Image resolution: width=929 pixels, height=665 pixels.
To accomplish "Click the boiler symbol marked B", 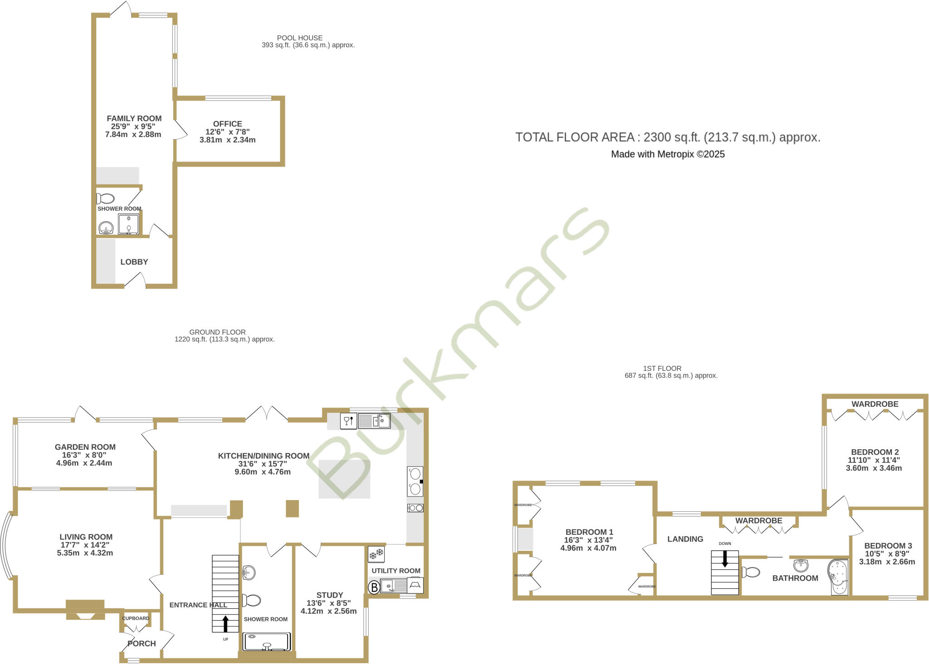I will click(374, 587).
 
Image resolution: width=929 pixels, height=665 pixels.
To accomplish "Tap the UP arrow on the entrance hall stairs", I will click(225, 624).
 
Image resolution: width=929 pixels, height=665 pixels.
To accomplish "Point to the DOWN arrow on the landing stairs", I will click(725, 558).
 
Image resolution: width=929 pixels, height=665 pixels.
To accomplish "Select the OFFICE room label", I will click(227, 124).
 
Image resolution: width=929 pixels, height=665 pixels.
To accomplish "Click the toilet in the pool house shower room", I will click(106, 199).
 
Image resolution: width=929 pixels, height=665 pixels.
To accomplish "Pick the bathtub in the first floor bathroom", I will click(838, 577).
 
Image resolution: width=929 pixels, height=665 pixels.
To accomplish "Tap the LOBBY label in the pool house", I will click(134, 262).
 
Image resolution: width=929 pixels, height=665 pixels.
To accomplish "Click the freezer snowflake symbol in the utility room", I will click(376, 554).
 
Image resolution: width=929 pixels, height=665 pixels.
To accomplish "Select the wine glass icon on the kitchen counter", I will click(348, 421).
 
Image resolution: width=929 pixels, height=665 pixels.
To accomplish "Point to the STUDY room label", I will click(329, 595).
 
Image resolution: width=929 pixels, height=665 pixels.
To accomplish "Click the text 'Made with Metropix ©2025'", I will click(668, 154).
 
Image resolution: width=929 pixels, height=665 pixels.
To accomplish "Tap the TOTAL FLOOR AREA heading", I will click(668, 137).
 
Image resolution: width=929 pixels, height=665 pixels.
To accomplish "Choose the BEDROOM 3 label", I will click(888, 546).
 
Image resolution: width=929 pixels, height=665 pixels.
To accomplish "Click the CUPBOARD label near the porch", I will click(136, 618).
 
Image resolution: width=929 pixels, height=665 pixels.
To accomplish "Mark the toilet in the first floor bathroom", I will click(751, 572).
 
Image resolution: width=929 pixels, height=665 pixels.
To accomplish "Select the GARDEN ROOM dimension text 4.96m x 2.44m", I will click(84, 463).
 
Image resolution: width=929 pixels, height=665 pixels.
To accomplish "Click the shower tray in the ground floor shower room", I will click(267, 642).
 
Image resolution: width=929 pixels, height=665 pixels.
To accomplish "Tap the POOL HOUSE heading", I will click(300, 38).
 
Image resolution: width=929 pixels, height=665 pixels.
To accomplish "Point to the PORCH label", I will click(142, 644).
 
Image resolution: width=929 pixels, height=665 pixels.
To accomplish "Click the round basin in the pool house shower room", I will click(106, 228).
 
